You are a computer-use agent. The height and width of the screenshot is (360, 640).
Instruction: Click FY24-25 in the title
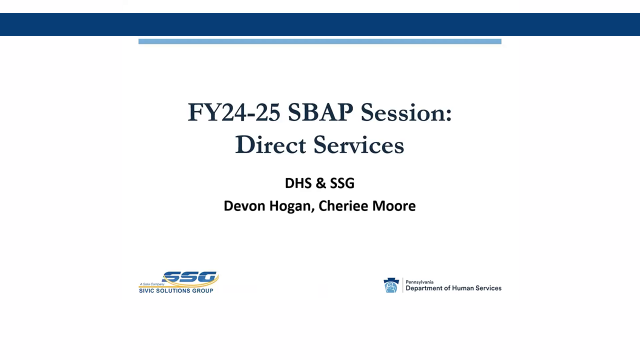(233, 112)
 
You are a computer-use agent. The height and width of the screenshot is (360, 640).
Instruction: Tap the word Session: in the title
(406, 112)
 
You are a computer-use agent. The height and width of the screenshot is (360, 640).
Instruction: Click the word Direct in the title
(270, 145)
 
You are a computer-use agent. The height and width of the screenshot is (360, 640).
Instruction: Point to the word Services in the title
(358, 145)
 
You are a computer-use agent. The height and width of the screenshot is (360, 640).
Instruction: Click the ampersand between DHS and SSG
(320, 183)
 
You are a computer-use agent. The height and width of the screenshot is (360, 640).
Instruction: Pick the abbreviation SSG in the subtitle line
(342, 183)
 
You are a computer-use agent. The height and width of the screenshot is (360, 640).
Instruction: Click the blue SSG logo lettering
(190, 277)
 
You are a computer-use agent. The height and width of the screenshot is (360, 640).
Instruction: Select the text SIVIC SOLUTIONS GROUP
(176, 290)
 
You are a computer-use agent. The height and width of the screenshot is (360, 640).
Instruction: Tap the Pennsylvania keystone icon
(391, 285)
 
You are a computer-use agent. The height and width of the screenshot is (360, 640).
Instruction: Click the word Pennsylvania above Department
(419, 282)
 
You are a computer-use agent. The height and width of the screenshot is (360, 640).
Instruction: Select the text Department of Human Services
(453, 288)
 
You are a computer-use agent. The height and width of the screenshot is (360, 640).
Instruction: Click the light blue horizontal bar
(320, 41)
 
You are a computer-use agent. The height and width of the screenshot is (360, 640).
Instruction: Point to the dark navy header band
(320, 24)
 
